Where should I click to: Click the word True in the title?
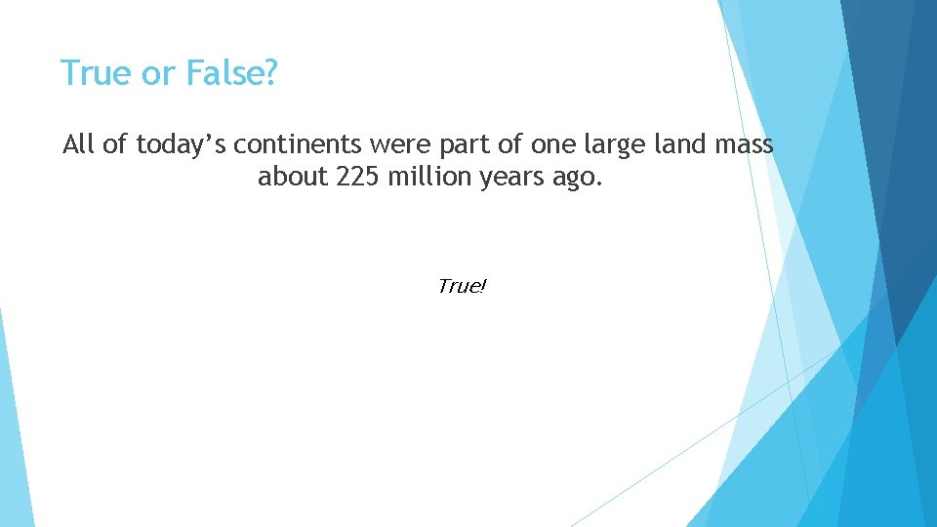[91, 73]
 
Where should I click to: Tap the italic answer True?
[462, 286]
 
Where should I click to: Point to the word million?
[422, 178]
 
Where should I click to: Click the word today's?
[183, 146]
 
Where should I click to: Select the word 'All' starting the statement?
[80, 145]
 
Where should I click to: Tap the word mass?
[743, 145]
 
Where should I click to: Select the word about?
[287, 178]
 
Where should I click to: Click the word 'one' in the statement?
[551, 146]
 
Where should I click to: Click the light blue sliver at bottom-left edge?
[14, 439]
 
